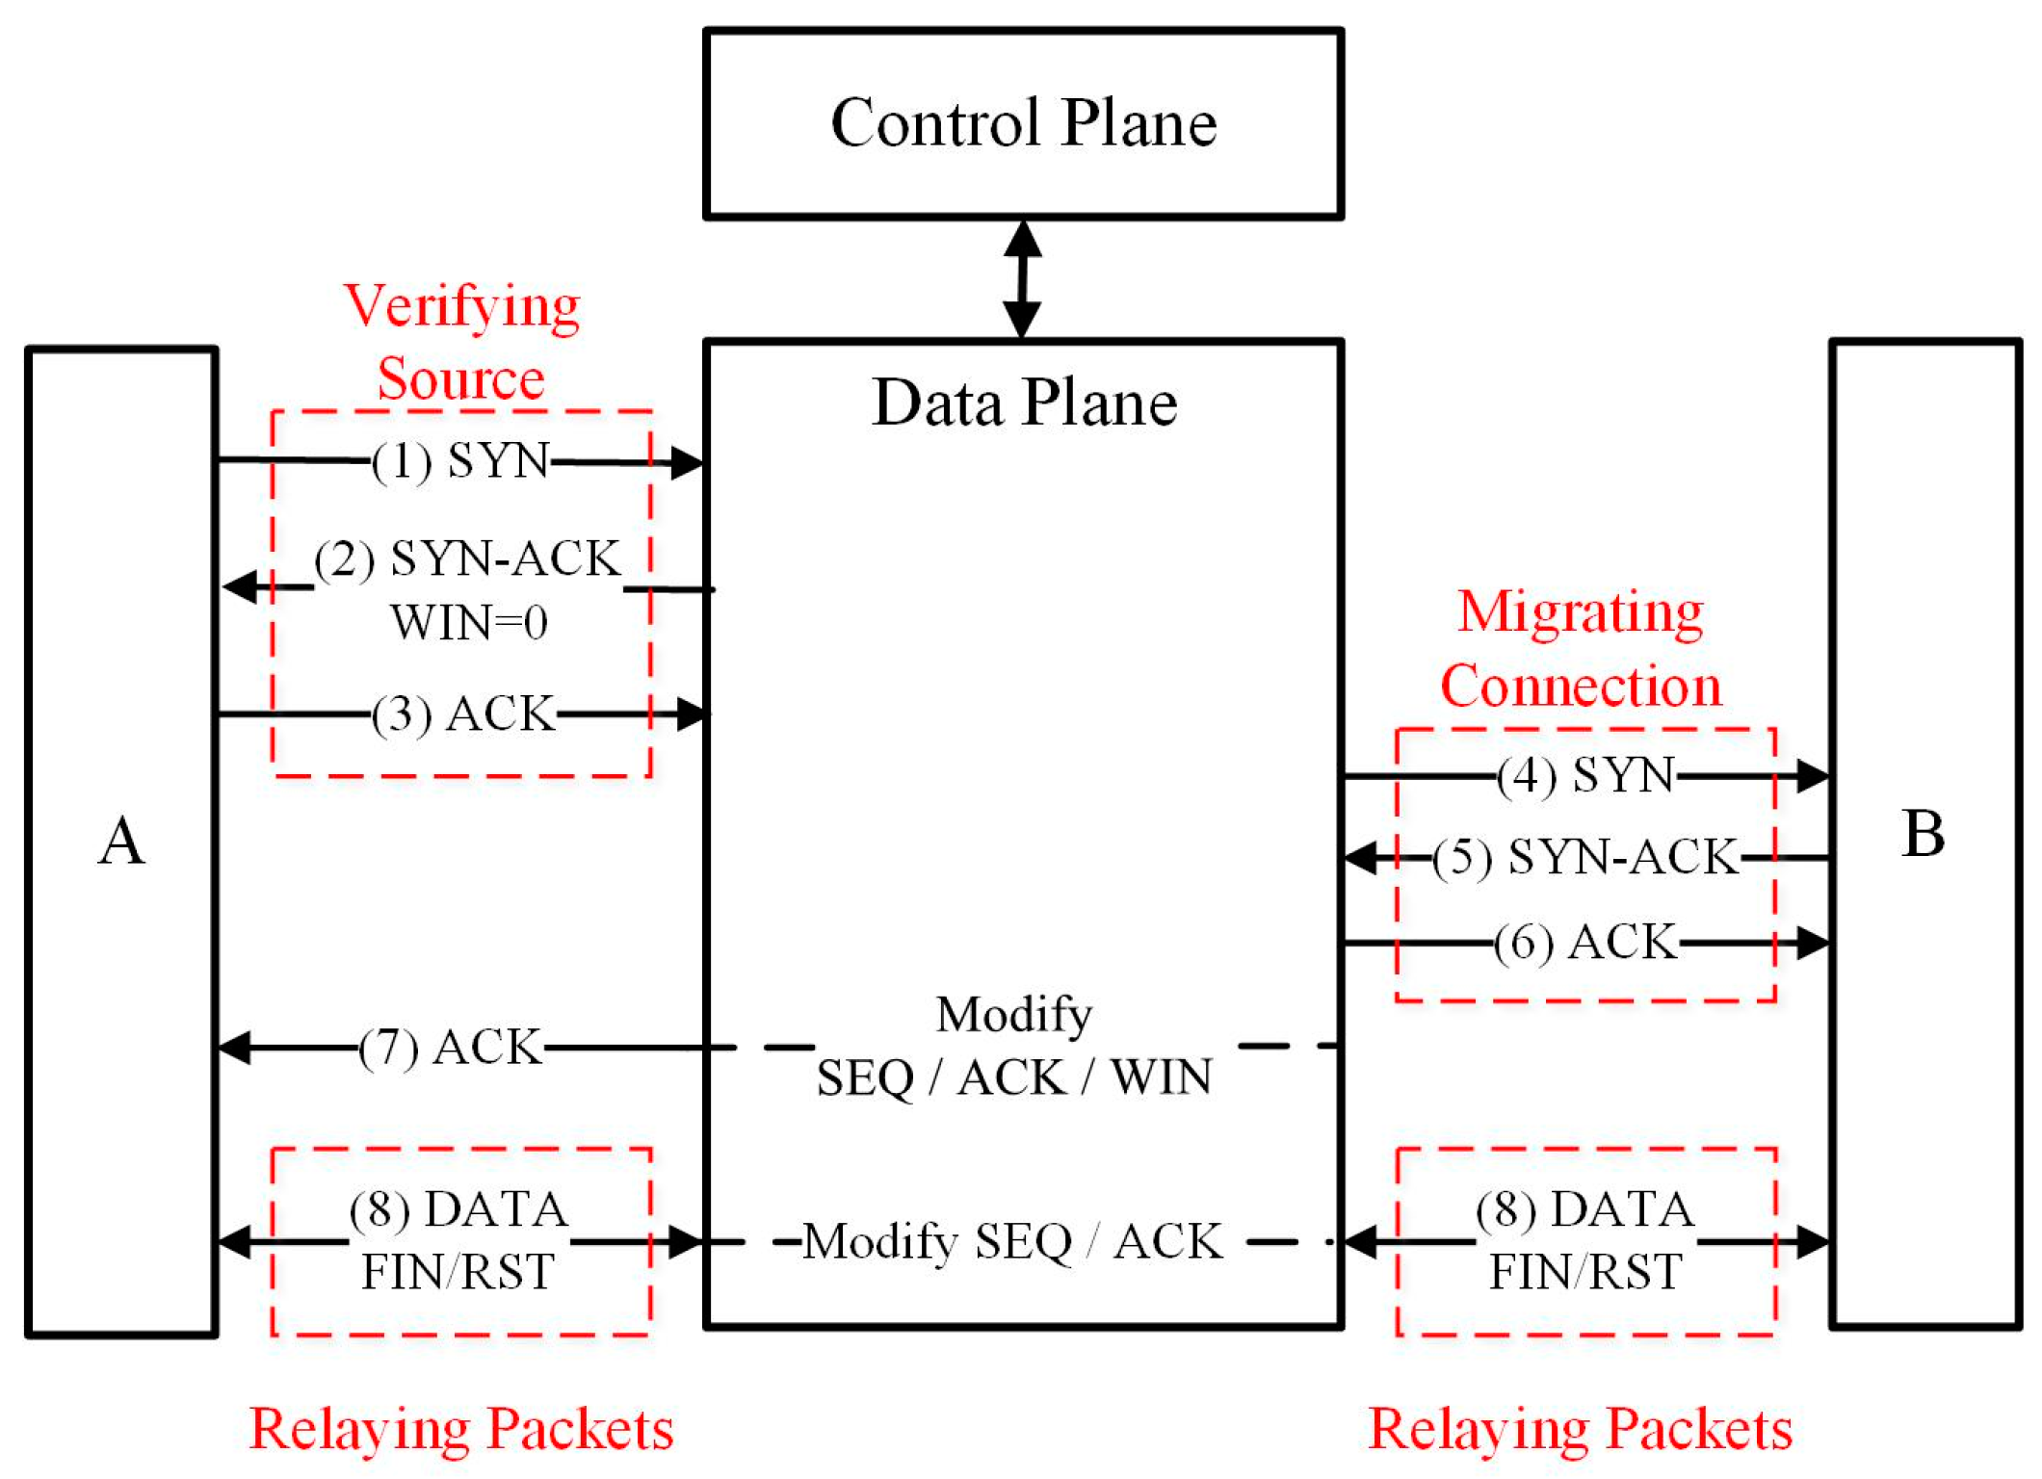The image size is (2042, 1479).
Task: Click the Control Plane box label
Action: (1023, 123)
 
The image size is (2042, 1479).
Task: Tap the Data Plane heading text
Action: (1023, 402)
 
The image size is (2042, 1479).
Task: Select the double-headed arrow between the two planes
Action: (1022, 279)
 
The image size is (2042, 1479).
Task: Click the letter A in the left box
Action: (121, 842)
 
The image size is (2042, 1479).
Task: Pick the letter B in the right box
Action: (1923, 834)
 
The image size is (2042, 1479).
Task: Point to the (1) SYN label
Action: (460, 460)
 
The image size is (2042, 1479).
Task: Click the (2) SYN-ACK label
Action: (468, 559)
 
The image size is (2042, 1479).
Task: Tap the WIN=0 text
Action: (468, 623)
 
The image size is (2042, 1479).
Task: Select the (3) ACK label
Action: (463, 714)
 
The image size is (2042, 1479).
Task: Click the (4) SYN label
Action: (1585, 775)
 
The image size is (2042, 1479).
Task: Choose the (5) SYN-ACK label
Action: (1585, 857)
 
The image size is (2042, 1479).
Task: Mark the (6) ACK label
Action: (1585, 942)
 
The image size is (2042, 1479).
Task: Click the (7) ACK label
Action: (450, 1047)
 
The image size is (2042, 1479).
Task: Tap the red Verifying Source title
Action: (462, 342)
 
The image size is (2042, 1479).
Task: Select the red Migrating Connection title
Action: (1580, 649)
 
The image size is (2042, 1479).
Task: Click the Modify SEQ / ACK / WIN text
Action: (1013, 1046)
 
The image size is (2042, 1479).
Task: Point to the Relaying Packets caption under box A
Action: (461, 1429)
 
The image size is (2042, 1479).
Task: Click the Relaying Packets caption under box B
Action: (1580, 1429)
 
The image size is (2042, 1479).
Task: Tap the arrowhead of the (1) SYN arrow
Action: (688, 463)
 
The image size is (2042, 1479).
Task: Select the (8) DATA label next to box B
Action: (1584, 1209)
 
